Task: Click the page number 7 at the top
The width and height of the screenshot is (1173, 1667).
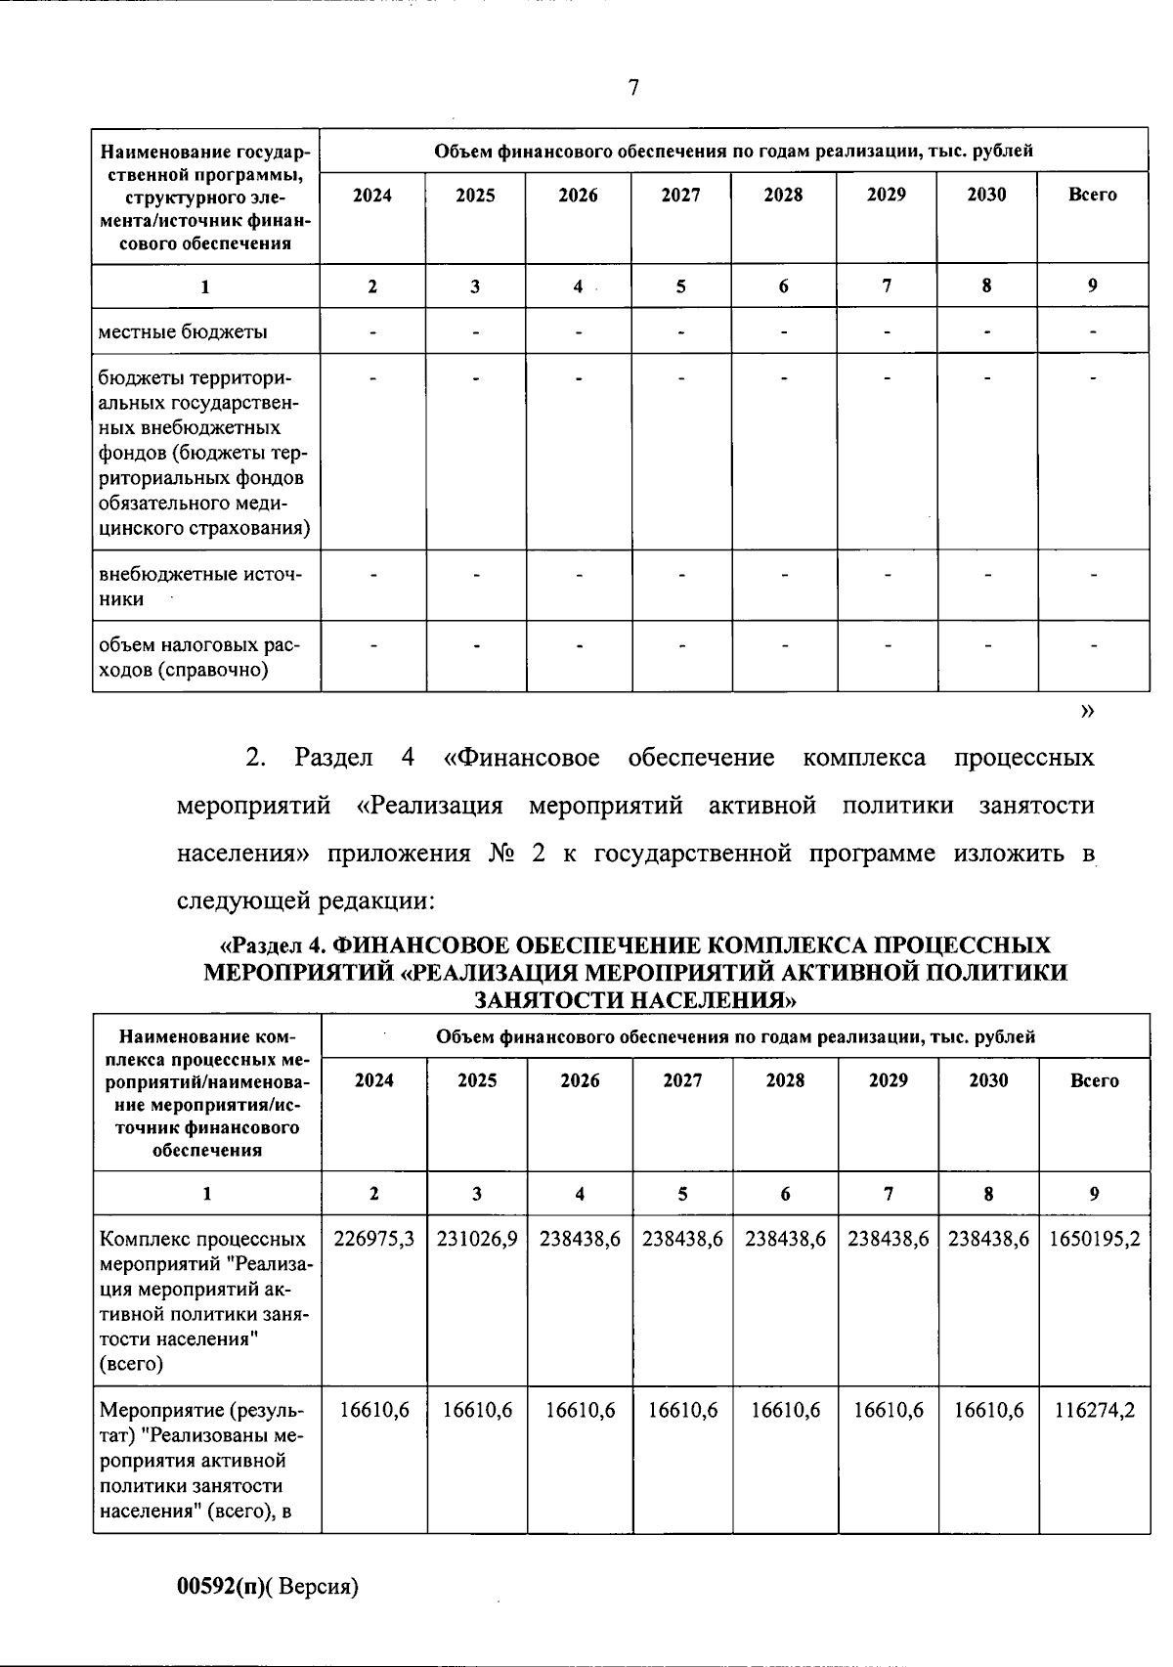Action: pyautogui.click(x=633, y=88)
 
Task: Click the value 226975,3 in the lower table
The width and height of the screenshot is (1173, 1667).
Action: pyautogui.click(x=374, y=1239)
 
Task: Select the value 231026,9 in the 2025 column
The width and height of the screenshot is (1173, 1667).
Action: pyautogui.click(x=477, y=1239)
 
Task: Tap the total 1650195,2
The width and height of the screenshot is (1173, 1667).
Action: pyautogui.click(x=1094, y=1239)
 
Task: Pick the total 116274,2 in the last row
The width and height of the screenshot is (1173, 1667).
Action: pyautogui.click(x=1094, y=1410)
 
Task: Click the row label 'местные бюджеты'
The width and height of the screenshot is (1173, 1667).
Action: pyautogui.click(x=183, y=331)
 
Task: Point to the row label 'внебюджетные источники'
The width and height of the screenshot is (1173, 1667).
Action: pyautogui.click(x=199, y=586)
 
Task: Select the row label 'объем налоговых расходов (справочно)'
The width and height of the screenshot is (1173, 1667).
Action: pyautogui.click(x=199, y=657)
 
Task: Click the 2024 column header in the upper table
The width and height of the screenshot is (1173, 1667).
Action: pyautogui.click(x=372, y=195)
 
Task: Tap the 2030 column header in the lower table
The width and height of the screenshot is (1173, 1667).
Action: pyautogui.click(x=988, y=1080)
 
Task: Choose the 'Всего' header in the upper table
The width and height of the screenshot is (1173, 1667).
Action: pyautogui.click(x=1092, y=195)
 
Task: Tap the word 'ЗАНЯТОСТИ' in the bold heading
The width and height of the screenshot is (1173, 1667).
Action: pyautogui.click(x=546, y=1000)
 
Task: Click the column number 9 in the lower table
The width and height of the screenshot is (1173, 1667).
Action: pyautogui.click(x=1094, y=1193)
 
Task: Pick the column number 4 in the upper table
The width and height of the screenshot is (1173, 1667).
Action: pyautogui.click(x=578, y=286)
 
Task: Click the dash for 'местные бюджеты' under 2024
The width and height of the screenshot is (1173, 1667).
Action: pyautogui.click(x=372, y=332)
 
